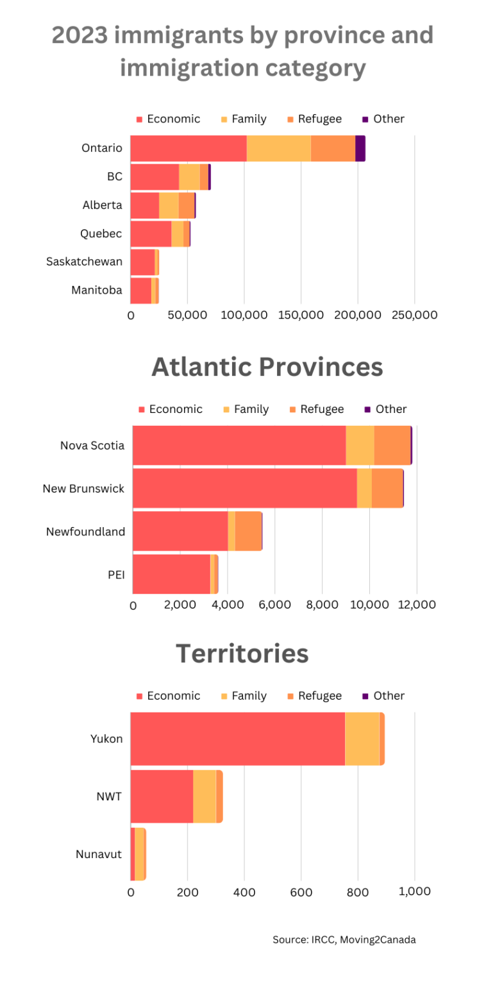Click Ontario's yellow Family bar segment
(x=278, y=148)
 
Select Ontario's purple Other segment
(x=360, y=148)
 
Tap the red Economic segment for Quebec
(x=151, y=233)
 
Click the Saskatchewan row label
(x=84, y=262)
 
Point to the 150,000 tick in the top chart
(x=301, y=316)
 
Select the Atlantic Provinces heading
(x=267, y=367)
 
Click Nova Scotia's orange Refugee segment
(x=392, y=445)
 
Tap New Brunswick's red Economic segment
(x=244, y=488)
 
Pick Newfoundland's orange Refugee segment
(x=248, y=531)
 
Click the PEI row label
(x=116, y=574)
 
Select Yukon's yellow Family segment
(x=362, y=738)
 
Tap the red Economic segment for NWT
(x=162, y=796)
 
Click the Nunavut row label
(x=99, y=854)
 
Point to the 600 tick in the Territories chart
(x=301, y=891)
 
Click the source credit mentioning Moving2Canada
(x=344, y=939)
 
